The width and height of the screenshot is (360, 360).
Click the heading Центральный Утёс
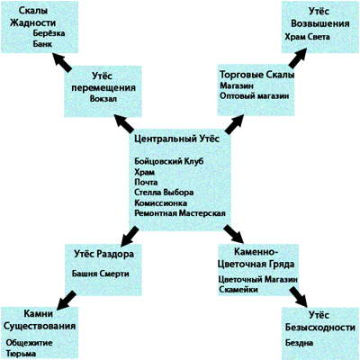(177, 139)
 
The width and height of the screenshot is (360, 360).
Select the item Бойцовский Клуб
(169, 161)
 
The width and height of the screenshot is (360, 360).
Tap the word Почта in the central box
(146, 183)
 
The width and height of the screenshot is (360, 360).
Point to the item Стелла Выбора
(164, 193)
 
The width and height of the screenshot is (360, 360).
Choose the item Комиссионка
(161, 203)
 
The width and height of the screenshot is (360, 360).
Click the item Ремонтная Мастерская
(180, 213)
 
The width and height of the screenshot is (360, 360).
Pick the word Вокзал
(103, 99)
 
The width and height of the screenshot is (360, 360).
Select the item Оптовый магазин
(255, 96)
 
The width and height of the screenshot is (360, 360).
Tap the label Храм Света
(307, 37)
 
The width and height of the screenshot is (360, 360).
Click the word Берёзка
(49, 33)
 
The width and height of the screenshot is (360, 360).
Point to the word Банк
(42, 44)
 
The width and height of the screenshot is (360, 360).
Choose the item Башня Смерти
(101, 274)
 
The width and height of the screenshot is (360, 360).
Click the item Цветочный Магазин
(258, 279)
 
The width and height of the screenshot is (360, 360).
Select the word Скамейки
(238, 290)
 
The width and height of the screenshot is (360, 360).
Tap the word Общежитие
(29, 343)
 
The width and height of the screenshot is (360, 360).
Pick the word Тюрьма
(21, 354)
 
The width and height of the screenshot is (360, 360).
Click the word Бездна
(299, 343)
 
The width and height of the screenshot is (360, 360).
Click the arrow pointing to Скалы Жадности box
(62, 62)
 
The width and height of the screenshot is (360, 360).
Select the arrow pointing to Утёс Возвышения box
(297, 57)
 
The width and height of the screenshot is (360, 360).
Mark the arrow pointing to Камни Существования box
(67, 301)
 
